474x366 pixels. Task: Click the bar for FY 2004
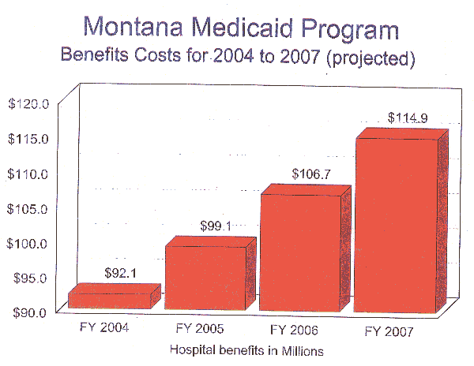tap(109, 301)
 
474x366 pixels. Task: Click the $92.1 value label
tap(122, 273)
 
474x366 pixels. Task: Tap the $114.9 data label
tap(408, 118)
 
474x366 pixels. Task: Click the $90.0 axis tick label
tap(29, 312)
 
